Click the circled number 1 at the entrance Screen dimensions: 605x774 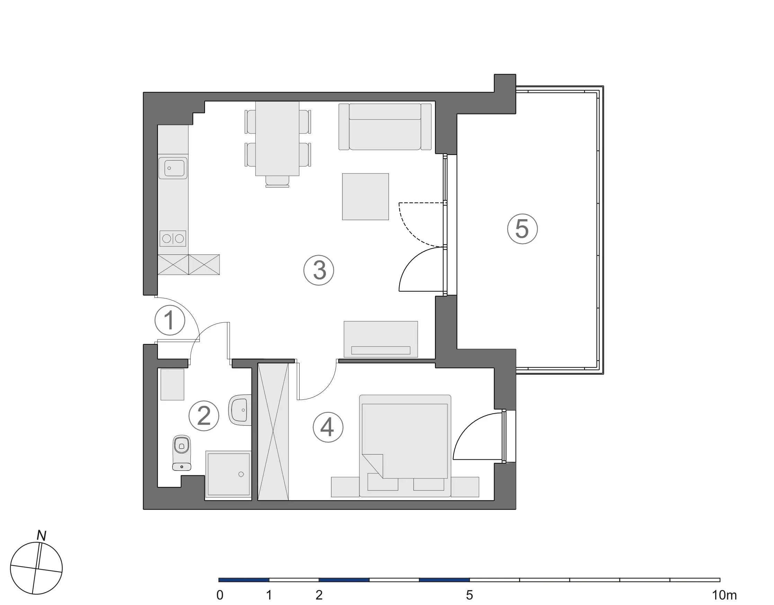(x=170, y=320)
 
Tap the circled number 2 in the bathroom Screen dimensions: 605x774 (x=204, y=416)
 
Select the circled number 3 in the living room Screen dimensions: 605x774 (x=319, y=270)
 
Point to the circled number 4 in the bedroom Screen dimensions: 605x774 (x=328, y=427)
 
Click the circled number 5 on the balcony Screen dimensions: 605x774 (x=522, y=229)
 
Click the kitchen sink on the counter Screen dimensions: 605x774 (x=172, y=168)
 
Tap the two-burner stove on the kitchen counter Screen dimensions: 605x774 (x=172, y=239)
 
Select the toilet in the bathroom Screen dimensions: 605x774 (x=181, y=452)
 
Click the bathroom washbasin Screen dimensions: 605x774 (x=240, y=410)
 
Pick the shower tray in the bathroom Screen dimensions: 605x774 (x=229, y=474)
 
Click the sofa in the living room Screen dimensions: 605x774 (x=385, y=127)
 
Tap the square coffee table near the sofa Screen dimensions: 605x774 (x=365, y=197)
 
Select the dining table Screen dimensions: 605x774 (x=277, y=138)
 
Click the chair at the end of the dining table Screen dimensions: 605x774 (x=277, y=181)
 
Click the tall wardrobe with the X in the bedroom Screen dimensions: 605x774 (x=273, y=432)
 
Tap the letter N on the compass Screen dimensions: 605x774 (x=42, y=536)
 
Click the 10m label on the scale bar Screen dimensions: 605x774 (x=724, y=595)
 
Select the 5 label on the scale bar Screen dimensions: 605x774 (x=469, y=595)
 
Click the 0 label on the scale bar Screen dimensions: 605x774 (x=220, y=595)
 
